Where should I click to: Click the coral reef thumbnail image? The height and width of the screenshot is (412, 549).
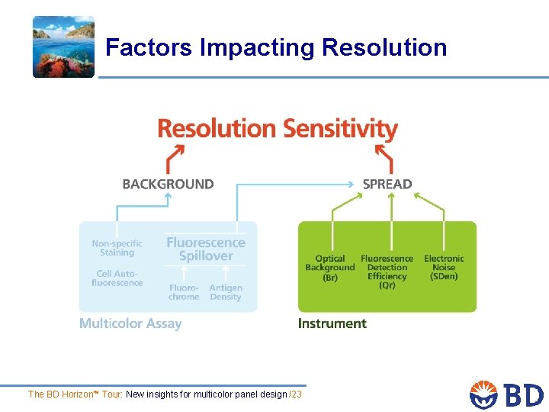[x=63, y=47]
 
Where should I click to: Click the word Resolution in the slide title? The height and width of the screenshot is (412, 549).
[x=384, y=47]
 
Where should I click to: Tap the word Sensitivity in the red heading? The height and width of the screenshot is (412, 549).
[x=336, y=128]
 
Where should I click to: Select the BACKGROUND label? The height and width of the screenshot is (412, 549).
[x=168, y=184]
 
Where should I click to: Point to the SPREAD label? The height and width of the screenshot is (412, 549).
[x=387, y=184]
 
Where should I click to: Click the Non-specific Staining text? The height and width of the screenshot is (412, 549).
[x=117, y=248]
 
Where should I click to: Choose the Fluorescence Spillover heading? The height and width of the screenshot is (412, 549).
[x=206, y=249]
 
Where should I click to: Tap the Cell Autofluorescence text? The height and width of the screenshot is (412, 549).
[x=117, y=278]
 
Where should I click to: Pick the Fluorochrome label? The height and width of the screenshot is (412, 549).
[x=184, y=292]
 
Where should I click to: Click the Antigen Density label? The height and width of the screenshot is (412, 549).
[x=226, y=292]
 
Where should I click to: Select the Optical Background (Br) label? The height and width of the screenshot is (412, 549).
[x=330, y=268]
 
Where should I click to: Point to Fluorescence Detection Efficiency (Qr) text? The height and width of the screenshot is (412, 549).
[x=387, y=272]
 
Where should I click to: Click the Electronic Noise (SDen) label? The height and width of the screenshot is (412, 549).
[x=444, y=268]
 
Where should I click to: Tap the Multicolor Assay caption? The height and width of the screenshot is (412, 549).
[x=130, y=323]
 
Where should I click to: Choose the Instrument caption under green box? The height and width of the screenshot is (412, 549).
[x=332, y=323]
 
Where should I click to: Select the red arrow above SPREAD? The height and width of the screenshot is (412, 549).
[x=384, y=158]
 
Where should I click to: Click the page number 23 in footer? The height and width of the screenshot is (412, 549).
[x=297, y=394]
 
